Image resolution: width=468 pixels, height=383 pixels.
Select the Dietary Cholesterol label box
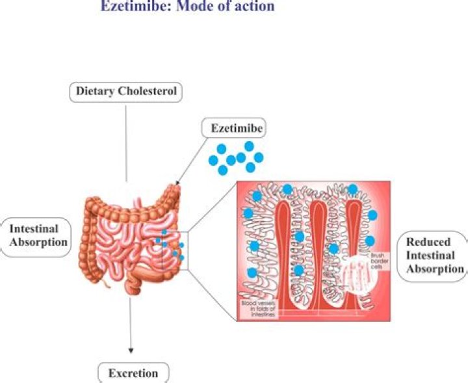pos(126,92)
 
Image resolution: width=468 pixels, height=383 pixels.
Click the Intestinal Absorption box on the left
pos(38,235)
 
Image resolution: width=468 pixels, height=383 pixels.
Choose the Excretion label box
pos(133,373)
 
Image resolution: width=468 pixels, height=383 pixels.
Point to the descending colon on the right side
pos(174,215)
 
